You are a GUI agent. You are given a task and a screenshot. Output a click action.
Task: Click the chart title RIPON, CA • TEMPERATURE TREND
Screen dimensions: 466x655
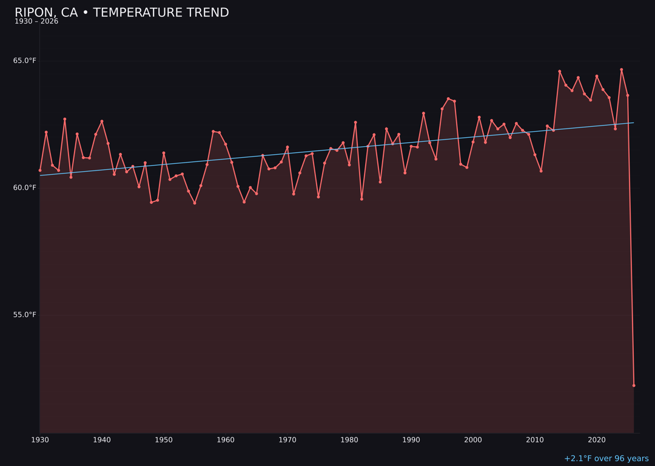pyautogui.click(x=121, y=13)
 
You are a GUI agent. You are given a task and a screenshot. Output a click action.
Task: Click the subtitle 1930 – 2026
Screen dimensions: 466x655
pyautogui.click(x=36, y=22)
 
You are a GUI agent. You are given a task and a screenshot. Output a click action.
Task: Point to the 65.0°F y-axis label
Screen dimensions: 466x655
pyautogui.click(x=25, y=61)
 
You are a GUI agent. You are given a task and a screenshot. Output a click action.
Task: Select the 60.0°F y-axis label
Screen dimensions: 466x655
pyautogui.click(x=25, y=187)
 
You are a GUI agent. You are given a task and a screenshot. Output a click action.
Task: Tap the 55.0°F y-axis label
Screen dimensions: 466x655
pyautogui.click(x=25, y=314)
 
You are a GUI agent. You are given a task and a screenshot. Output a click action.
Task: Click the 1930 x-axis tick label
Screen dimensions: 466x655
pyautogui.click(x=40, y=440)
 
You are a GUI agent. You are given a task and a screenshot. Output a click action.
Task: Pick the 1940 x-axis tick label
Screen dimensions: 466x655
pyautogui.click(x=102, y=440)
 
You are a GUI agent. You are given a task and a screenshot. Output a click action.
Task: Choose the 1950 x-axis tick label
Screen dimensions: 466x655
pyautogui.click(x=164, y=440)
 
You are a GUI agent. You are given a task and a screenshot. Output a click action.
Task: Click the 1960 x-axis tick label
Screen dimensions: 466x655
pyautogui.click(x=226, y=440)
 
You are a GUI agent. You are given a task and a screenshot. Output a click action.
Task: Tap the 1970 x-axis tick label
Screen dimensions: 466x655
pyautogui.click(x=287, y=440)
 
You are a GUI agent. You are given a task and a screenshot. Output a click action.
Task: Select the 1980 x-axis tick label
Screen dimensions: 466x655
pyautogui.click(x=349, y=440)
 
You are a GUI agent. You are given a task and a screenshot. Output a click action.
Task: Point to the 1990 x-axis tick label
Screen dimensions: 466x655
pyautogui.click(x=411, y=440)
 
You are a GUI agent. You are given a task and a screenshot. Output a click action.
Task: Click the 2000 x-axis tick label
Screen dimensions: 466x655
pyautogui.click(x=473, y=440)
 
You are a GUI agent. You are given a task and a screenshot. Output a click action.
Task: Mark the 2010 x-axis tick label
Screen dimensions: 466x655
pyautogui.click(x=535, y=440)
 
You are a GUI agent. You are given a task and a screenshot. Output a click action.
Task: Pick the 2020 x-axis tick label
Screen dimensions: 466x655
pyautogui.click(x=597, y=440)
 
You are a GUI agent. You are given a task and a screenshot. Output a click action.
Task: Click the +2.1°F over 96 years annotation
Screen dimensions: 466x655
pyautogui.click(x=606, y=459)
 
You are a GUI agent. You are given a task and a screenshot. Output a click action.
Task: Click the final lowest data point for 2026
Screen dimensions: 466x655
pyautogui.click(x=634, y=385)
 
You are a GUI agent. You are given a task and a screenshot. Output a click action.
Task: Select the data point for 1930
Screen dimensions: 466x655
pyautogui.click(x=40, y=171)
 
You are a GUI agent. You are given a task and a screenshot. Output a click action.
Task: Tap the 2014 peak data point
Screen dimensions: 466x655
pyautogui.click(x=560, y=72)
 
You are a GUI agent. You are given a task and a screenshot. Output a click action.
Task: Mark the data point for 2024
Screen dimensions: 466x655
pyautogui.click(x=622, y=70)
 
